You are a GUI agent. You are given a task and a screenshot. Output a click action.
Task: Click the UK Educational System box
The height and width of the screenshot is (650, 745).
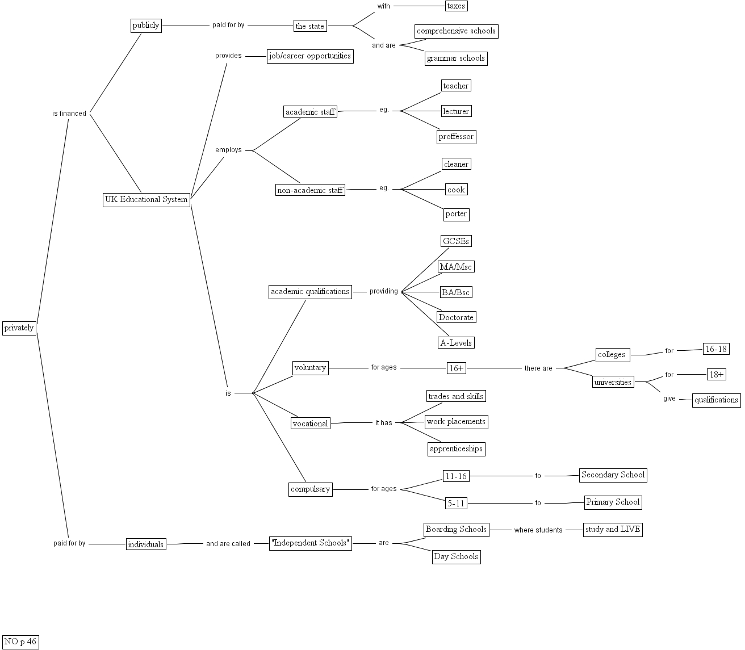pyautogui.click(x=146, y=200)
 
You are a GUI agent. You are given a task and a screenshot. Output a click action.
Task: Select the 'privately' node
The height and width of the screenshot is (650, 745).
pyautogui.click(x=19, y=328)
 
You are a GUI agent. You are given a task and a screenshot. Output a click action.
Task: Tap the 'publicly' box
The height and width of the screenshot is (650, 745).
pyautogui.click(x=146, y=26)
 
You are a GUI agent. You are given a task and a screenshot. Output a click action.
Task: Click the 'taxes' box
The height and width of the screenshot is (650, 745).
pyautogui.click(x=456, y=6)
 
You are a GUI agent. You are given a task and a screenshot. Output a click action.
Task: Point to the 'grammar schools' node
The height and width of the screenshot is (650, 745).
pyautogui.click(x=456, y=58)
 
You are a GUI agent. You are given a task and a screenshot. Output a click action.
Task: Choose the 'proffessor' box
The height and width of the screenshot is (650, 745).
pyautogui.click(x=456, y=137)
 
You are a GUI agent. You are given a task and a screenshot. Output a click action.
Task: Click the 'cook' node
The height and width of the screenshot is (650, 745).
pyautogui.click(x=456, y=190)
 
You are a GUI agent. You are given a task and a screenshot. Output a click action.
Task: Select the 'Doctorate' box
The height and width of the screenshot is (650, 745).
pyautogui.click(x=456, y=317)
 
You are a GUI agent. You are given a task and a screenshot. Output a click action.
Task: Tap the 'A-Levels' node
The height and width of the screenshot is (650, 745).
pyautogui.click(x=456, y=343)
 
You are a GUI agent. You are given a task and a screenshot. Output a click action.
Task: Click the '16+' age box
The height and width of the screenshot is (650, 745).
pyautogui.click(x=456, y=368)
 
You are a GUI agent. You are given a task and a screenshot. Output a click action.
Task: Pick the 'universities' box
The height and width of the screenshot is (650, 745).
pyautogui.click(x=613, y=382)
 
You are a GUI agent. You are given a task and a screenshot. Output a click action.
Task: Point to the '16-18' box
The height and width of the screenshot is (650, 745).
pyautogui.click(x=715, y=349)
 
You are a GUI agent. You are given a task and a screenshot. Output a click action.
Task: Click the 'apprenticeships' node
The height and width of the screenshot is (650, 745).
pyautogui.click(x=456, y=449)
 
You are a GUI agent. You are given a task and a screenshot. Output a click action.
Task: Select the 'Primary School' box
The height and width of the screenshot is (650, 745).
pyautogui.click(x=613, y=502)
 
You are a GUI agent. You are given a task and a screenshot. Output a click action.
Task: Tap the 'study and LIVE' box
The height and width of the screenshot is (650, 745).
pyautogui.click(x=613, y=530)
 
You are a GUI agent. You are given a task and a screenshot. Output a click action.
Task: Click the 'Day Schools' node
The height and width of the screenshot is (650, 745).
pyautogui.click(x=456, y=557)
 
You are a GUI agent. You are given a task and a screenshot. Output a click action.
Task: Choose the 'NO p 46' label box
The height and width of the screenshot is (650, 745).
pyautogui.click(x=20, y=642)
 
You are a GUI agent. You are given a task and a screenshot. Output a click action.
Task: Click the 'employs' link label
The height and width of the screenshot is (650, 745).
pyautogui.click(x=228, y=150)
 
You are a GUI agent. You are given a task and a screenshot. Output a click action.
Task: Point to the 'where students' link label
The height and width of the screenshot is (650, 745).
pyautogui.click(x=538, y=530)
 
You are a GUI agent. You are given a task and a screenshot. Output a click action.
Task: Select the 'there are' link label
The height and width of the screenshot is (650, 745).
pyautogui.click(x=538, y=368)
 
